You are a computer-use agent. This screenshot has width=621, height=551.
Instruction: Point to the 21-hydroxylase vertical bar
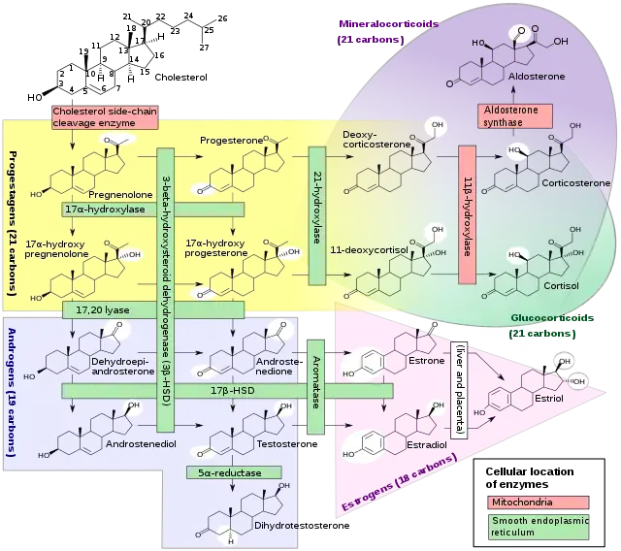pos(316,215)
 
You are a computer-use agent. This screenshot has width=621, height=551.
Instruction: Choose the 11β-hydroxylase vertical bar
pos(466,215)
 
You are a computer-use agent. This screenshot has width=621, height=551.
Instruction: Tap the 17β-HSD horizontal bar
pos(227,391)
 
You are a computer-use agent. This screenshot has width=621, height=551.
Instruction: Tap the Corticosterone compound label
pos(576,182)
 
